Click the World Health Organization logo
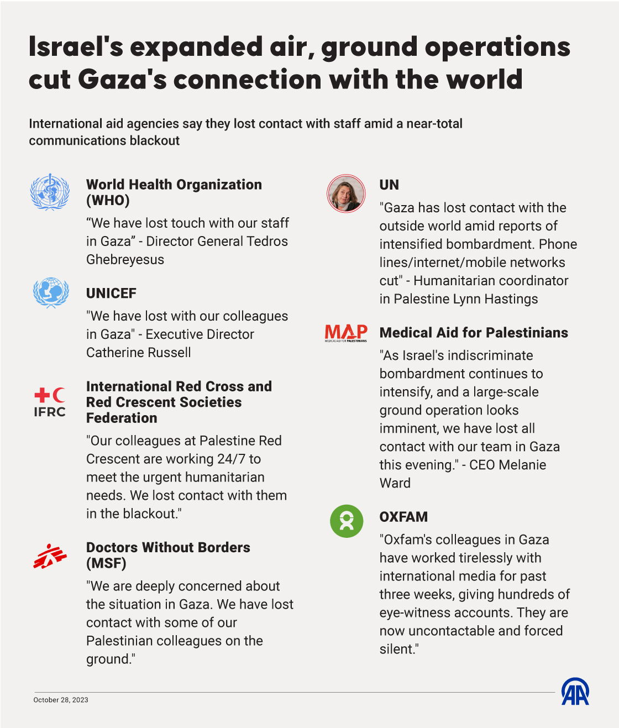(x=50, y=192)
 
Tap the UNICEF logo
(x=51, y=292)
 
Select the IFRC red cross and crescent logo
(x=50, y=402)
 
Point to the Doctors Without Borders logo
(x=50, y=556)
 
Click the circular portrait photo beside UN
(x=346, y=194)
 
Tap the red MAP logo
(x=346, y=333)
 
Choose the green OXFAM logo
(x=347, y=521)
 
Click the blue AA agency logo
(x=575, y=692)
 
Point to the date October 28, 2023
(x=61, y=700)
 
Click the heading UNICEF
(x=111, y=294)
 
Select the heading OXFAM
(x=403, y=517)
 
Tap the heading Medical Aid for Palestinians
(x=474, y=333)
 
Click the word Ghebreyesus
(x=125, y=259)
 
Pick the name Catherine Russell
(x=139, y=353)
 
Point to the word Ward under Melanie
(x=395, y=483)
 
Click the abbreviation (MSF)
(x=106, y=563)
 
